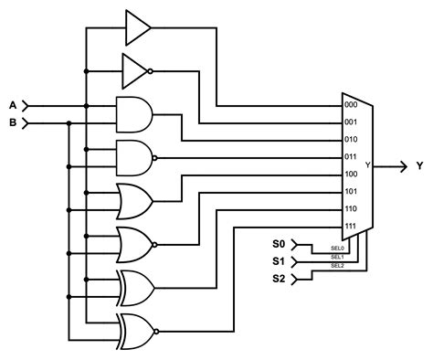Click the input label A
pos(12,105)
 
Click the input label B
pos(12,122)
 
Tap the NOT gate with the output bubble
pos(135,69)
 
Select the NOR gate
pos(134,244)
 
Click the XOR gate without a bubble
pos(135,287)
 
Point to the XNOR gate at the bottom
pos(135,330)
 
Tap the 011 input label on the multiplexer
pos(350,157)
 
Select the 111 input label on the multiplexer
pos(350,225)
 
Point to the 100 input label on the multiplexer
pos(350,174)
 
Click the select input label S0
pos(279,245)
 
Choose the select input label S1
pos(279,261)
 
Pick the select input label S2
pos(279,278)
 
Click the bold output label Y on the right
pos(419,165)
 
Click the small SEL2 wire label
pos(337,266)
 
